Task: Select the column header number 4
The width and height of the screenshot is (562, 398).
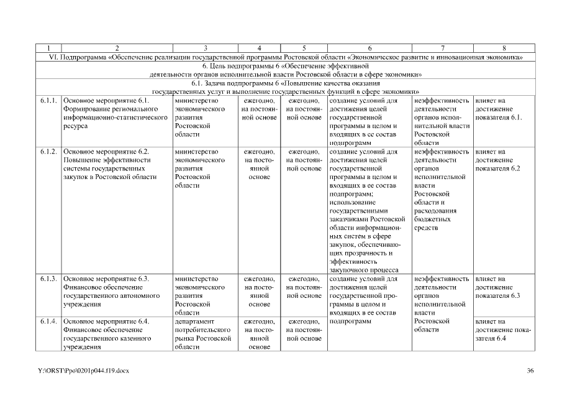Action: (259, 48)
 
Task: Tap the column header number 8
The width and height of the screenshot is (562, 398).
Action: (504, 48)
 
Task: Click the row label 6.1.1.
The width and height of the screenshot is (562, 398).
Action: (49, 99)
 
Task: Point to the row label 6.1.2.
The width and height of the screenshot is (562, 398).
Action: (49, 152)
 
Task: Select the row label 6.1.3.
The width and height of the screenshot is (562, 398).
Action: (49, 278)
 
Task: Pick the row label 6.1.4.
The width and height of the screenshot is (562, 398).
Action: (49, 322)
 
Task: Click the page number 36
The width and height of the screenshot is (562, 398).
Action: (530, 371)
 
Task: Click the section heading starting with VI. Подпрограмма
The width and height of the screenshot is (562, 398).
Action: (285, 57)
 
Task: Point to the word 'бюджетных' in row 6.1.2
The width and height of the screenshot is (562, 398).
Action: (432, 220)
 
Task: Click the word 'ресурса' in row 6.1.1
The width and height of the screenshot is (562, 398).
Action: (76, 126)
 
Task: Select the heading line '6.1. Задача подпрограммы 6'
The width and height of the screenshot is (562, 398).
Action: (285, 83)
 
